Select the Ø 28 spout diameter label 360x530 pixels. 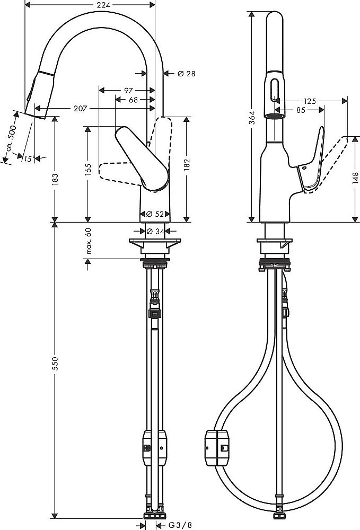186,73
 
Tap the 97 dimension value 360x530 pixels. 128,90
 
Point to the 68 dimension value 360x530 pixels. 134,100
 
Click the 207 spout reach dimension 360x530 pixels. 81,109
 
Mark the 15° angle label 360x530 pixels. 29,158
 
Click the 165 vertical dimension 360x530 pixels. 88,170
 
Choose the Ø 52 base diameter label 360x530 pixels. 155,214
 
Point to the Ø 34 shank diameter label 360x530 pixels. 155,231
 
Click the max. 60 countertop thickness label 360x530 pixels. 88,241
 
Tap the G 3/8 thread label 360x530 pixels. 180,525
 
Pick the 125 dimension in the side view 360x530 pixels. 310,101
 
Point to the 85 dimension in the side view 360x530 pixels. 301,110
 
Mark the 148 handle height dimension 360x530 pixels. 355,179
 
